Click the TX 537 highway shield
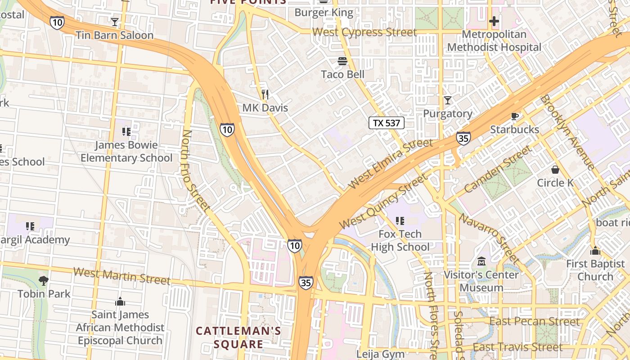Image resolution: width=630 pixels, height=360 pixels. [x=387, y=123]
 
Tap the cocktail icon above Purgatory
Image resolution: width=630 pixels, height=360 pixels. [x=447, y=100]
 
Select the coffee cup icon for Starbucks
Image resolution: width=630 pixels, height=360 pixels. [x=515, y=117]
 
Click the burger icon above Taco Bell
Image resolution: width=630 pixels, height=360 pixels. [x=342, y=61]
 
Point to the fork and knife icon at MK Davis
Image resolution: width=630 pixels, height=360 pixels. [x=265, y=94]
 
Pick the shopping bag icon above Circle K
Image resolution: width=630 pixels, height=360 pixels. [x=555, y=170]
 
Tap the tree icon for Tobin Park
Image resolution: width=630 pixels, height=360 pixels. [x=43, y=281]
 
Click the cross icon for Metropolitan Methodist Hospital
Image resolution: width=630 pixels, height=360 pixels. [x=494, y=21]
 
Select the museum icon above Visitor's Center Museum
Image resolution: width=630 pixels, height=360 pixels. [x=481, y=261]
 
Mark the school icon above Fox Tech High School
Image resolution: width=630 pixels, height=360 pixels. [x=400, y=220]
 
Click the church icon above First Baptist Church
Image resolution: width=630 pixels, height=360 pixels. [x=595, y=251]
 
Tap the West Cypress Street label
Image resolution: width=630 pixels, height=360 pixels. [x=364, y=32]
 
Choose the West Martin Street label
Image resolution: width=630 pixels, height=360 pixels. [x=121, y=275]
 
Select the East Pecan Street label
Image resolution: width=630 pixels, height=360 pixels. [x=535, y=321]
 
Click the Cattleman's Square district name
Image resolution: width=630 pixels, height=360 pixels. [x=238, y=337]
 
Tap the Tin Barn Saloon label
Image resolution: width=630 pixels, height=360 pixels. [x=114, y=35]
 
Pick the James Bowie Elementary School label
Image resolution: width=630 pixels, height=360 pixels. [x=126, y=152]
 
